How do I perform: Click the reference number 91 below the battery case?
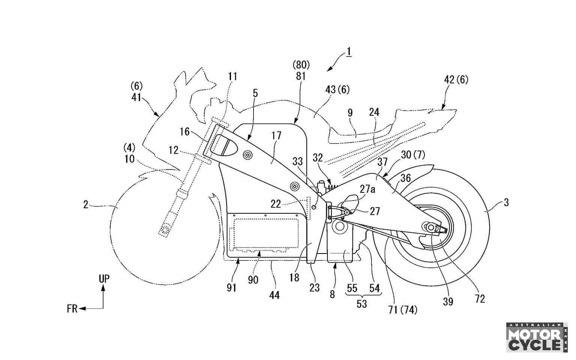pyautogui.click(x=231, y=287)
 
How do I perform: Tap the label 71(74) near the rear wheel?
pyautogui.click(x=403, y=310)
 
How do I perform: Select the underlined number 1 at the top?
pyautogui.click(x=349, y=51)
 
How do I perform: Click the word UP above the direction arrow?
pyautogui.click(x=104, y=279)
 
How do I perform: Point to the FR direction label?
pyautogui.click(x=72, y=309)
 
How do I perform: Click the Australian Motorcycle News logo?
pyautogui.click(x=535, y=337)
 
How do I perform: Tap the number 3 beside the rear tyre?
pyautogui.click(x=506, y=203)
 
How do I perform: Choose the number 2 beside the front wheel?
pyautogui.click(x=86, y=205)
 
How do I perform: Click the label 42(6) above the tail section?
pyautogui.click(x=456, y=79)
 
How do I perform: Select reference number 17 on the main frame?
pyautogui.click(x=276, y=136)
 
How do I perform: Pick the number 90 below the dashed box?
pyautogui.click(x=253, y=280)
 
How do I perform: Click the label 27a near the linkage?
pyautogui.click(x=367, y=189)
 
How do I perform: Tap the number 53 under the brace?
pyautogui.click(x=361, y=304)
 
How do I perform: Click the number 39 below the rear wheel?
pyautogui.click(x=448, y=301)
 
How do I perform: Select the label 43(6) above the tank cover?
pyautogui.click(x=337, y=89)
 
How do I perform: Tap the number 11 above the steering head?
pyautogui.click(x=232, y=76)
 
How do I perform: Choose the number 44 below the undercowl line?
pyautogui.click(x=274, y=295)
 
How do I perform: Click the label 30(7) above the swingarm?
pyautogui.click(x=413, y=154)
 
